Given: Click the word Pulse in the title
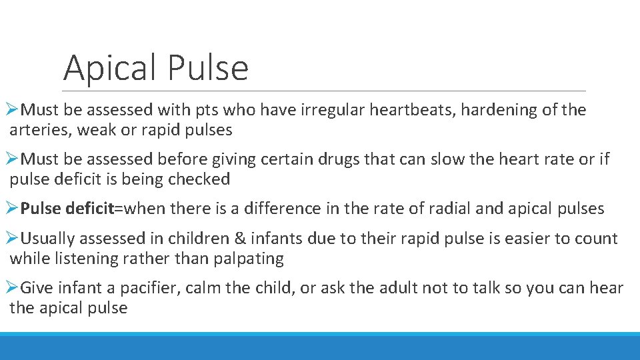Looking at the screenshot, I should [208, 68].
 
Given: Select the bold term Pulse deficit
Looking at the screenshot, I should [67, 209].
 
